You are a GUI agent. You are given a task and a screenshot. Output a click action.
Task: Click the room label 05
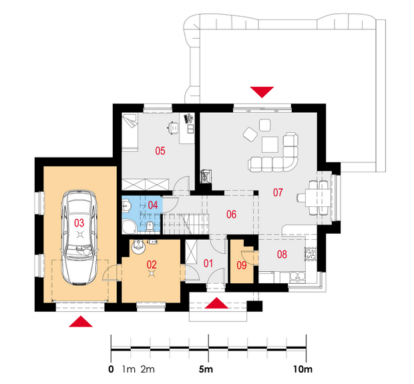160,151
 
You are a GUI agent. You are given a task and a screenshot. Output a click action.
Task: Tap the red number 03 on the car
79,223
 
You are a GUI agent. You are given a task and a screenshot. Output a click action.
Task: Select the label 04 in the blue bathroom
153,205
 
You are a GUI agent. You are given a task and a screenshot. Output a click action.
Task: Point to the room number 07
278,192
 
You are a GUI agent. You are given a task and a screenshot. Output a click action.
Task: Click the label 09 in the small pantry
242,265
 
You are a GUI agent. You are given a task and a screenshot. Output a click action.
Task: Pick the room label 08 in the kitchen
282,254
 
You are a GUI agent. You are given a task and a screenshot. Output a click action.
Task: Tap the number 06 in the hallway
231,214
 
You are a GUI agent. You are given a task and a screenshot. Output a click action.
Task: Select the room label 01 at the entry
208,263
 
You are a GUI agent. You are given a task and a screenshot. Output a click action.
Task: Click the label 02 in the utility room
152,264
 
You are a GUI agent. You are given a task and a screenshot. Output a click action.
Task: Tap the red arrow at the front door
216,303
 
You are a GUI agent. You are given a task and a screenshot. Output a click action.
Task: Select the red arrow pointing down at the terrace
262,92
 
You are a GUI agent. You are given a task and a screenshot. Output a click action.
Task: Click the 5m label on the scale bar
206,369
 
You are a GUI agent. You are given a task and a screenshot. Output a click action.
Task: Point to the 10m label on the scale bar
303,369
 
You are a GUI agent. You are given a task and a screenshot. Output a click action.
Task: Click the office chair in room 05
173,128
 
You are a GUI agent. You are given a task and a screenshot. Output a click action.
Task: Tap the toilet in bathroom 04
150,226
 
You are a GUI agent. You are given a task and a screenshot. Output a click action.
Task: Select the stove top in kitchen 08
310,254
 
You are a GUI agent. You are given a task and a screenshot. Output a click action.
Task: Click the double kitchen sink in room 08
298,277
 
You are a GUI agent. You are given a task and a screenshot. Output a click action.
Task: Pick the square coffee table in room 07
270,144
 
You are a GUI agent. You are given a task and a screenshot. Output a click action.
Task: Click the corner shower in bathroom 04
130,226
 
